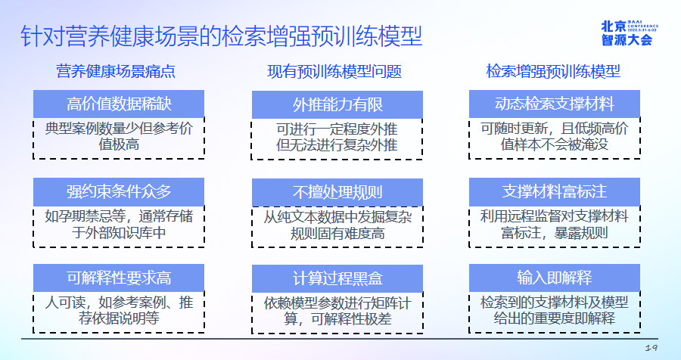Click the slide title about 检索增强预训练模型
(x=222, y=36)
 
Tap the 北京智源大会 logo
(x=630, y=33)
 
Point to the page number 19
(x=651, y=348)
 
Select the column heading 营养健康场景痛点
(x=116, y=71)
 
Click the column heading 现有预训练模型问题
(x=334, y=71)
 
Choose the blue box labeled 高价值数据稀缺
(x=119, y=104)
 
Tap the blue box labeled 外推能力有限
(x=337, y=104)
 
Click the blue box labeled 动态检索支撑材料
(x=555, y=104)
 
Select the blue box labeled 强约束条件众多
(x=119, y=192)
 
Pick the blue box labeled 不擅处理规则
(x=337, y=192)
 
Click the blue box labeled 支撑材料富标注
(x=555, y=192)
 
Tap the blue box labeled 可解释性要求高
(x=119, y=278)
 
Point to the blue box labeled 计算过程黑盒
(x=337, y=279)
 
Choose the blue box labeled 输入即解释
(x=555, y=278)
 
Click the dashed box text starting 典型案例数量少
(x=119, y=136)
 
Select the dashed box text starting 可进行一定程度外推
(x=337, y=137)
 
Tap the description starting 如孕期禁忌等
(x=119, y=225)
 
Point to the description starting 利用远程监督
(x=554, y=225)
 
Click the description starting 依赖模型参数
(x=337, y=311)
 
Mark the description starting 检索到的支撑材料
(x=554, y=310)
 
